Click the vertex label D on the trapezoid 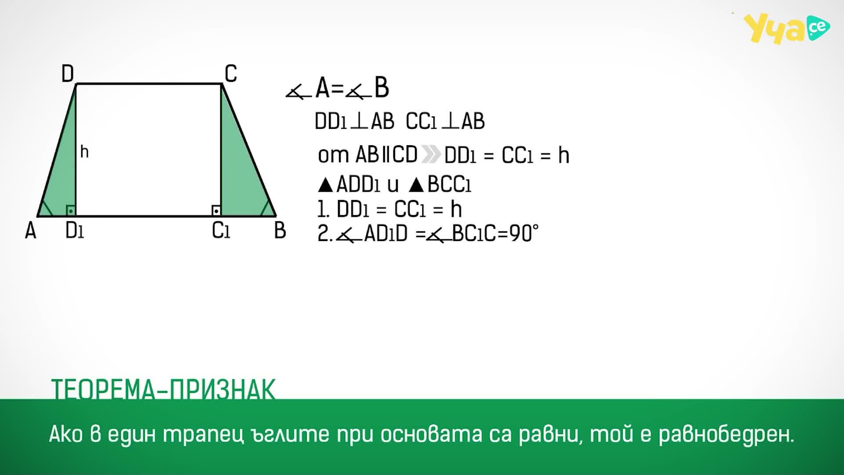pos(68,73)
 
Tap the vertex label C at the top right pos(231,73)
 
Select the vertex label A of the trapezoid pos(30,230)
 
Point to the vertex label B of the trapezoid pos(280,230)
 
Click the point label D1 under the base pos(74,230)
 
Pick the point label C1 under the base pos(221,230)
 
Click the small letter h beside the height pos(84,152)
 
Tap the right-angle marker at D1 pos(71,211)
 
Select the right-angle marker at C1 pos(216,211)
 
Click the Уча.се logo pos(786,29)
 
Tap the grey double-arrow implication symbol pos(431,154)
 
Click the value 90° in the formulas pos(524,234)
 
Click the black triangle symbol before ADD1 pos(325,185)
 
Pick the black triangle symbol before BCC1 pos(416,185)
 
